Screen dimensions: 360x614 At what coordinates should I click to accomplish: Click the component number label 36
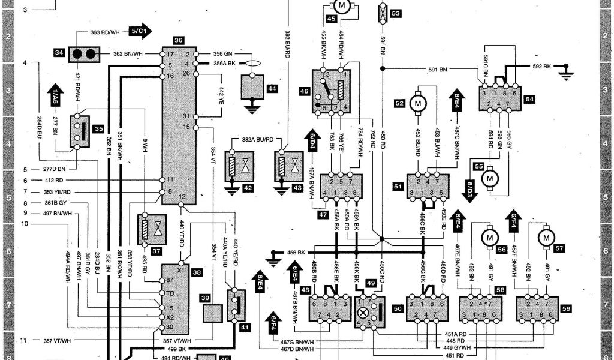[178, 40]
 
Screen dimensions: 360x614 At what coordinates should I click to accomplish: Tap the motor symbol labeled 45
[341, 7]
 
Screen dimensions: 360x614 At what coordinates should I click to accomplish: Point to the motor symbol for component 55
[491, 178]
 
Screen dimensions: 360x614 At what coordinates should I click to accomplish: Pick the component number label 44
[272, 89]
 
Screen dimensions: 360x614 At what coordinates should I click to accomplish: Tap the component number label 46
[304, 92]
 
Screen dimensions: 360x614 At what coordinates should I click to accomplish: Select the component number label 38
[196, 272]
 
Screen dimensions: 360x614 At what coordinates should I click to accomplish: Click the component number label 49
[371, 284]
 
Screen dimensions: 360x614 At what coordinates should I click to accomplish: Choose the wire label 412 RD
[54, 180]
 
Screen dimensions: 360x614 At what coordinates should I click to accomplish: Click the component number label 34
[59, 53]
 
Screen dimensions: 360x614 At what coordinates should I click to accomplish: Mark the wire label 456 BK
[296, 252]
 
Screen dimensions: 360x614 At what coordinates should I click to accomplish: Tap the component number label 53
[396, 13]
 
